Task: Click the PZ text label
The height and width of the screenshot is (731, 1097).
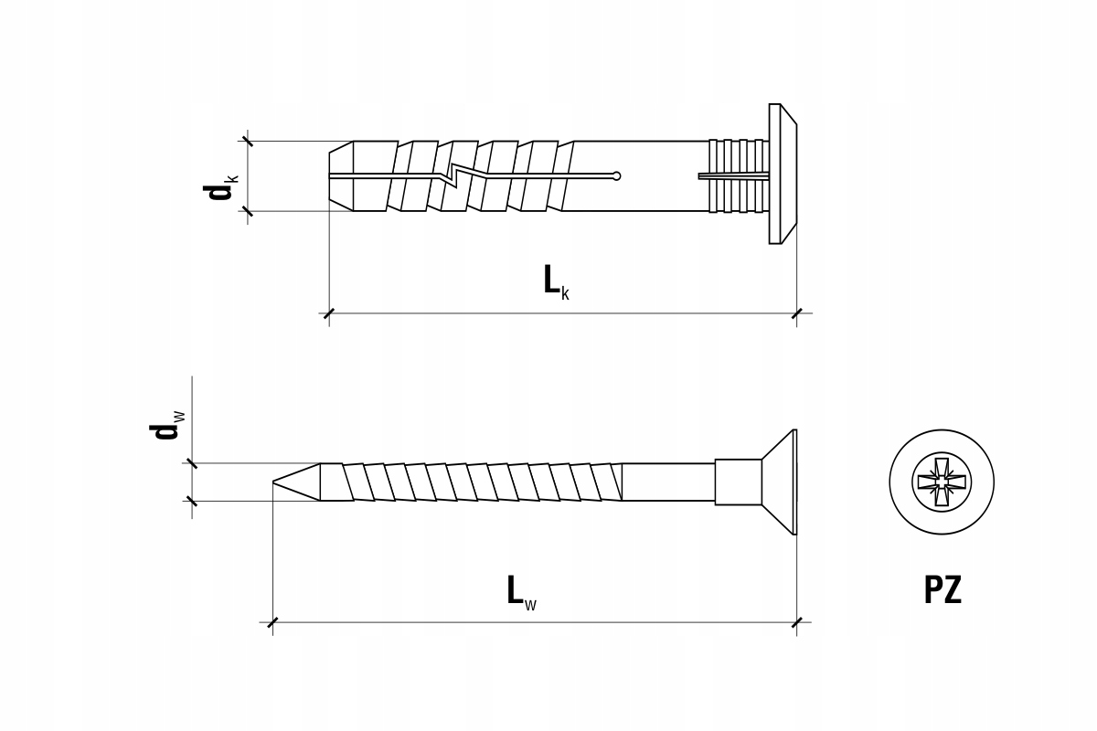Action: (943, 590)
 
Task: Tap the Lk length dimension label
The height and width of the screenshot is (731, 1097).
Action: (557, 282)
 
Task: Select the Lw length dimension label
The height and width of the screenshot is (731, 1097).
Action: (522, 593)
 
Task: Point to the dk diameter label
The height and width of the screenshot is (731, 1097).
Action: (221, 186)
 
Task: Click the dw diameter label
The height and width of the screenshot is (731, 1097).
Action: (167, 426)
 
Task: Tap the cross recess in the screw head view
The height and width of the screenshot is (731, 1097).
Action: (942, 482)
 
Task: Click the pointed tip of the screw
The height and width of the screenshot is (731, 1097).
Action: (273, 482)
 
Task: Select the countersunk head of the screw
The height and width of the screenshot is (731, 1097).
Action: (780, 482)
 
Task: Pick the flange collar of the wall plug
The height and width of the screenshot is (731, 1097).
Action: (783, 174)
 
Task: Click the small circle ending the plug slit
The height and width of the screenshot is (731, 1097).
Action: (616, 175)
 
